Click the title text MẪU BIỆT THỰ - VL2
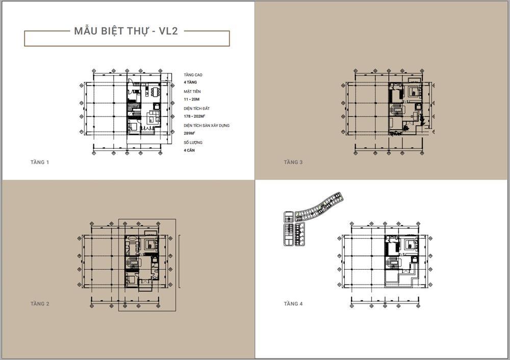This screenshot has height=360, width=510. click(126, 32)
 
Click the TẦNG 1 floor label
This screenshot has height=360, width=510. click(40, 162)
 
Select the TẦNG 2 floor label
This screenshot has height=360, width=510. click(40, 304)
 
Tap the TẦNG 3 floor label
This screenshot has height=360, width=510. click(293, 162)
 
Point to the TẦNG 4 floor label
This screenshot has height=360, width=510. click(293, 304)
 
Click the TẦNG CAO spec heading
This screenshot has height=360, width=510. click(193, 75)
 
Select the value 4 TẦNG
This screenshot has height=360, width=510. click(190, 82)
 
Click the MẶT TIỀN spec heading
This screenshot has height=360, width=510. click(192, 92)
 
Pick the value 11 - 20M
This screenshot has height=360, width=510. click(192, 99)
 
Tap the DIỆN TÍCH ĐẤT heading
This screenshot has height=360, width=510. click(197, 109)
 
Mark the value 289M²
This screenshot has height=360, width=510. click(190, 133)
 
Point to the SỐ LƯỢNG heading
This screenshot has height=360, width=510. click(193, 143)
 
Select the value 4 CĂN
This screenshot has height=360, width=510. click(190, 150)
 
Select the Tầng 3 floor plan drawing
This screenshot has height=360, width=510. click(390, 109)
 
